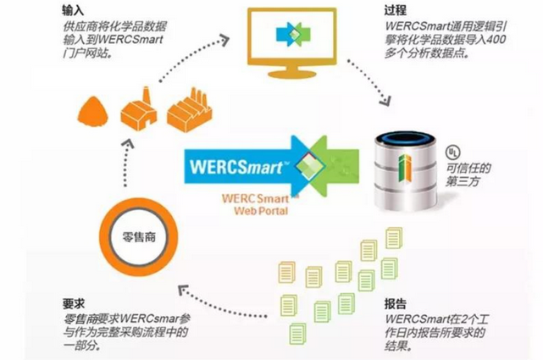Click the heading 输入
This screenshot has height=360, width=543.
(x=73, y=10)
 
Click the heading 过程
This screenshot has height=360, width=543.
(x=395, y=10)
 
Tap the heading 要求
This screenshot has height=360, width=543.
(x=74, y=303)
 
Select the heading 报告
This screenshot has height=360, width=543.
(x=396, y=303)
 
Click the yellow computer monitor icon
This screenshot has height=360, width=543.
(x=292, y=42)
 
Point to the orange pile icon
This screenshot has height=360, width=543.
(x=93, y=111)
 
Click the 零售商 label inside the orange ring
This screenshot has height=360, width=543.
(x=139, y=237)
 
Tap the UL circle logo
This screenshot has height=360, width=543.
(x=453, y=152)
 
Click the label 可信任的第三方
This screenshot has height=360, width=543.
(x=468, y=174)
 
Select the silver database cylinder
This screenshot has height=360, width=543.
(x=406, y=172)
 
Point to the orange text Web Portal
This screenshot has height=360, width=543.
(x=261, y=211)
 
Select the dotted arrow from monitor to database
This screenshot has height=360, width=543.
(x=370, y=83)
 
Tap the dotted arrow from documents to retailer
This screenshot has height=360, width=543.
(x=222, y=302)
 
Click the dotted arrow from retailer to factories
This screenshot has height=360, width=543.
(x=127, y=163)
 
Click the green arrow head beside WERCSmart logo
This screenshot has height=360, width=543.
(x=334, y=165)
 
